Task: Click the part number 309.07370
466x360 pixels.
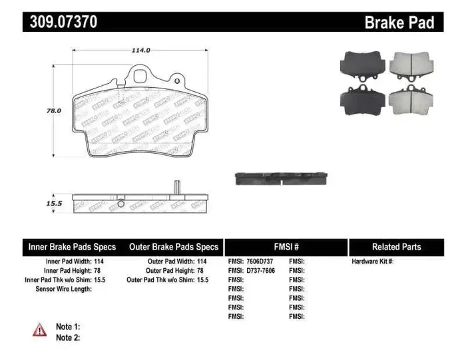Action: click(63, 22)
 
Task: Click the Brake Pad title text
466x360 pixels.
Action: click(399, 23)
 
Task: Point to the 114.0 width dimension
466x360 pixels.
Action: click(140, 50)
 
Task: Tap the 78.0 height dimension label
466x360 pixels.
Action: click(53, 111)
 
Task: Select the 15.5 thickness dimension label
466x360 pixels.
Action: click(53, 204)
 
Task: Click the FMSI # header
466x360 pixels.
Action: click(286, 247)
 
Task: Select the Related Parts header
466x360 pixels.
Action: click(396, 247)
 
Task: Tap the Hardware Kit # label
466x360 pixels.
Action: click(372, 262)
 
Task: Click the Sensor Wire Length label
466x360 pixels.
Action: click(63, 289)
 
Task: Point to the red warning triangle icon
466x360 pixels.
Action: click(40, 329)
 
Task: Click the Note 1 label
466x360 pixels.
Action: click(68, 327)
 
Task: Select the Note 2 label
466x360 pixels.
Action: click(68, 337)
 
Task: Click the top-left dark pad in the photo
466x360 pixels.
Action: click(362, 65)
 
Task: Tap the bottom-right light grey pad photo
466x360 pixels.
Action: click(409, 100)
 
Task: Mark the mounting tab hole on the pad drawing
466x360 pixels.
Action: click(141, 75)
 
